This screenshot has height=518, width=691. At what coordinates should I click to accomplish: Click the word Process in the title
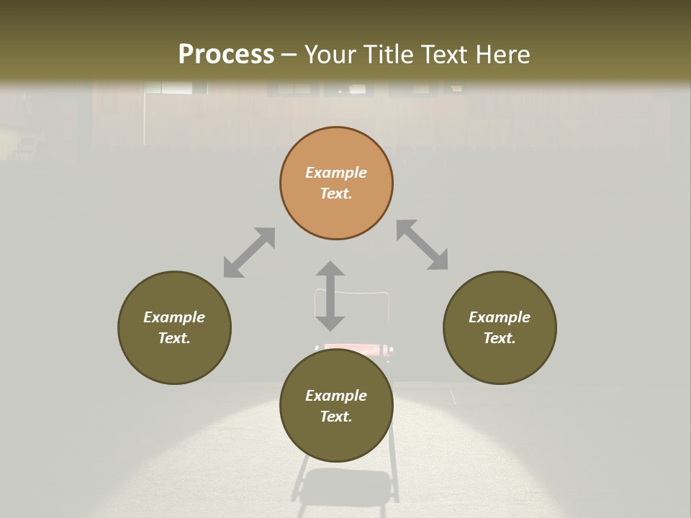[226, 55]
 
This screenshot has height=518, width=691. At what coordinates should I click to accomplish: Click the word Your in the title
[331, 55]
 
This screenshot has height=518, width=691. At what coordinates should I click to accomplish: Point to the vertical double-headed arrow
[330, 296]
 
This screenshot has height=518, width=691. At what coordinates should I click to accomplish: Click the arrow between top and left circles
[249, 253]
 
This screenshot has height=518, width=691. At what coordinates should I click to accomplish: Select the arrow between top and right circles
[422, 245]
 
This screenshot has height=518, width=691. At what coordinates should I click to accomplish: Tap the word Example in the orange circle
[336, 173]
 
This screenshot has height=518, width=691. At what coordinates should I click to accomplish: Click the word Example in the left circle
[174, 317]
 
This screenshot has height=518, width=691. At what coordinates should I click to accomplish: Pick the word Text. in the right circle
[500, 338]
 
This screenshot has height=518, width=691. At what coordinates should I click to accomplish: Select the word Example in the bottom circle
[336, 396]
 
